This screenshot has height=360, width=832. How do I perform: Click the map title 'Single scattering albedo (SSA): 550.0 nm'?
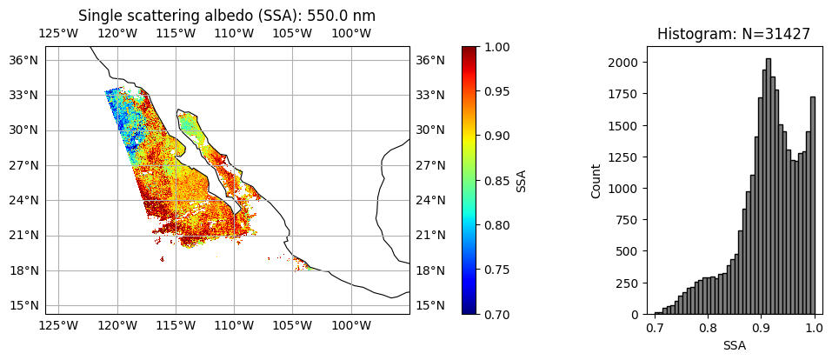(x=227, y=16)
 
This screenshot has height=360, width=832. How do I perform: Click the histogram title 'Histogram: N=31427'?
(x=734, y=34)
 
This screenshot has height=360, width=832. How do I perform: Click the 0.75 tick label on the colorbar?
(x=498, y=270)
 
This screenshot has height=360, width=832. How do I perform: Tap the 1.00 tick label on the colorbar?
(x=498, y=47)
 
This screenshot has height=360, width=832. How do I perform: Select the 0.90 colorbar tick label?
(x=498, y=136)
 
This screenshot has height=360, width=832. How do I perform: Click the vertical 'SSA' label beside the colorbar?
(x=522, y=180)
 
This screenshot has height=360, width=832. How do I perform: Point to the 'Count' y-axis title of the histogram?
(x=596, y=181)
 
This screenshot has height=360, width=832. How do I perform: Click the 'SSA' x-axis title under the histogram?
(x=734, y=345)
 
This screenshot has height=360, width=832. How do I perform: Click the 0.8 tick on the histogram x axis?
(x=708, y=329)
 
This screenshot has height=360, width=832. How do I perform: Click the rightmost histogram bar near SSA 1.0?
(x=813, y=205)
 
